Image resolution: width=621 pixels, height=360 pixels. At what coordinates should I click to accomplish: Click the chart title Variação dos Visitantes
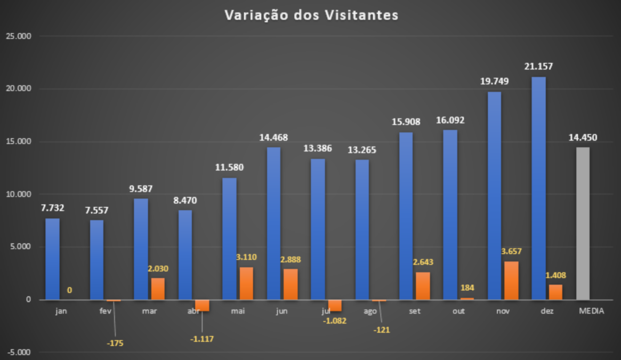point(311,15)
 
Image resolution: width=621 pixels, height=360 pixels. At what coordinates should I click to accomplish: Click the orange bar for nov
point(512,281)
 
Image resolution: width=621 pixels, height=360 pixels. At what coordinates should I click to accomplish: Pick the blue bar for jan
point(52,259)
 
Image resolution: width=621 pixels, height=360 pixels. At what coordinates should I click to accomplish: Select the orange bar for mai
point(246,283)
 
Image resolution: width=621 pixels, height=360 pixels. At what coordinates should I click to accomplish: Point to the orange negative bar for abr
point(202,305)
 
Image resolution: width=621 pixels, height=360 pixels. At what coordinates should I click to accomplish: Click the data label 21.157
point(538,67)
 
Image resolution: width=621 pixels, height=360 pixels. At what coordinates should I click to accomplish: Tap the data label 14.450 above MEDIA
point(583,138)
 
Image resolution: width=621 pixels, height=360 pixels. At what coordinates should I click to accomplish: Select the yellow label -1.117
point(202,339)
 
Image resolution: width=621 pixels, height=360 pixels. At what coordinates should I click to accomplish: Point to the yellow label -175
point(115,343)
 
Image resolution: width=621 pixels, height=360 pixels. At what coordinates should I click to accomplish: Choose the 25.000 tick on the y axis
point(21,36)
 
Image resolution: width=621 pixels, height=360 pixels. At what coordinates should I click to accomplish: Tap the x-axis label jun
point(281,311)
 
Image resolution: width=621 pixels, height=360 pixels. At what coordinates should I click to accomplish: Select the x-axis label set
point(414,311)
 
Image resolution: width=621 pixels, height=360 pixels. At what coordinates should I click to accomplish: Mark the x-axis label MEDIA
point(591,311)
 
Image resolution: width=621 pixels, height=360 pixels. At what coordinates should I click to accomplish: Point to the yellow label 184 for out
point(467,288)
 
